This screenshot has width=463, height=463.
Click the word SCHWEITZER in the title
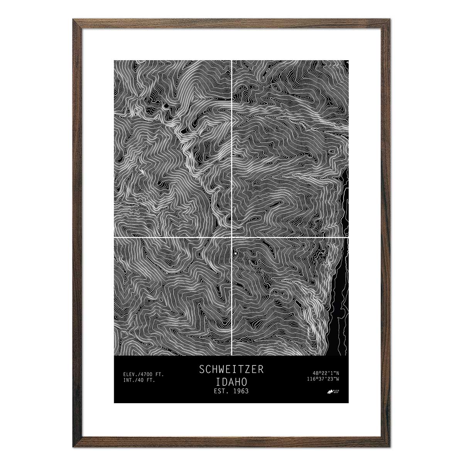point(231,369)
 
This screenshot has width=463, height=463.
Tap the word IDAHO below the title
point(231,381)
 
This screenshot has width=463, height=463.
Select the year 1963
point(240,391)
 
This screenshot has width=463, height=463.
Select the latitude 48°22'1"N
point(326,373)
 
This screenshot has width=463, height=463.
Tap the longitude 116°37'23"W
point(323,379)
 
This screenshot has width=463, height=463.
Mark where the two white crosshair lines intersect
point(231,237)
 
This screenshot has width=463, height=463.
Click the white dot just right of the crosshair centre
point(235,253)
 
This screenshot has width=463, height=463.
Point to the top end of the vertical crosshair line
point(231,61)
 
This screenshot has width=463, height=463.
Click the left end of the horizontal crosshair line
point(115,237)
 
